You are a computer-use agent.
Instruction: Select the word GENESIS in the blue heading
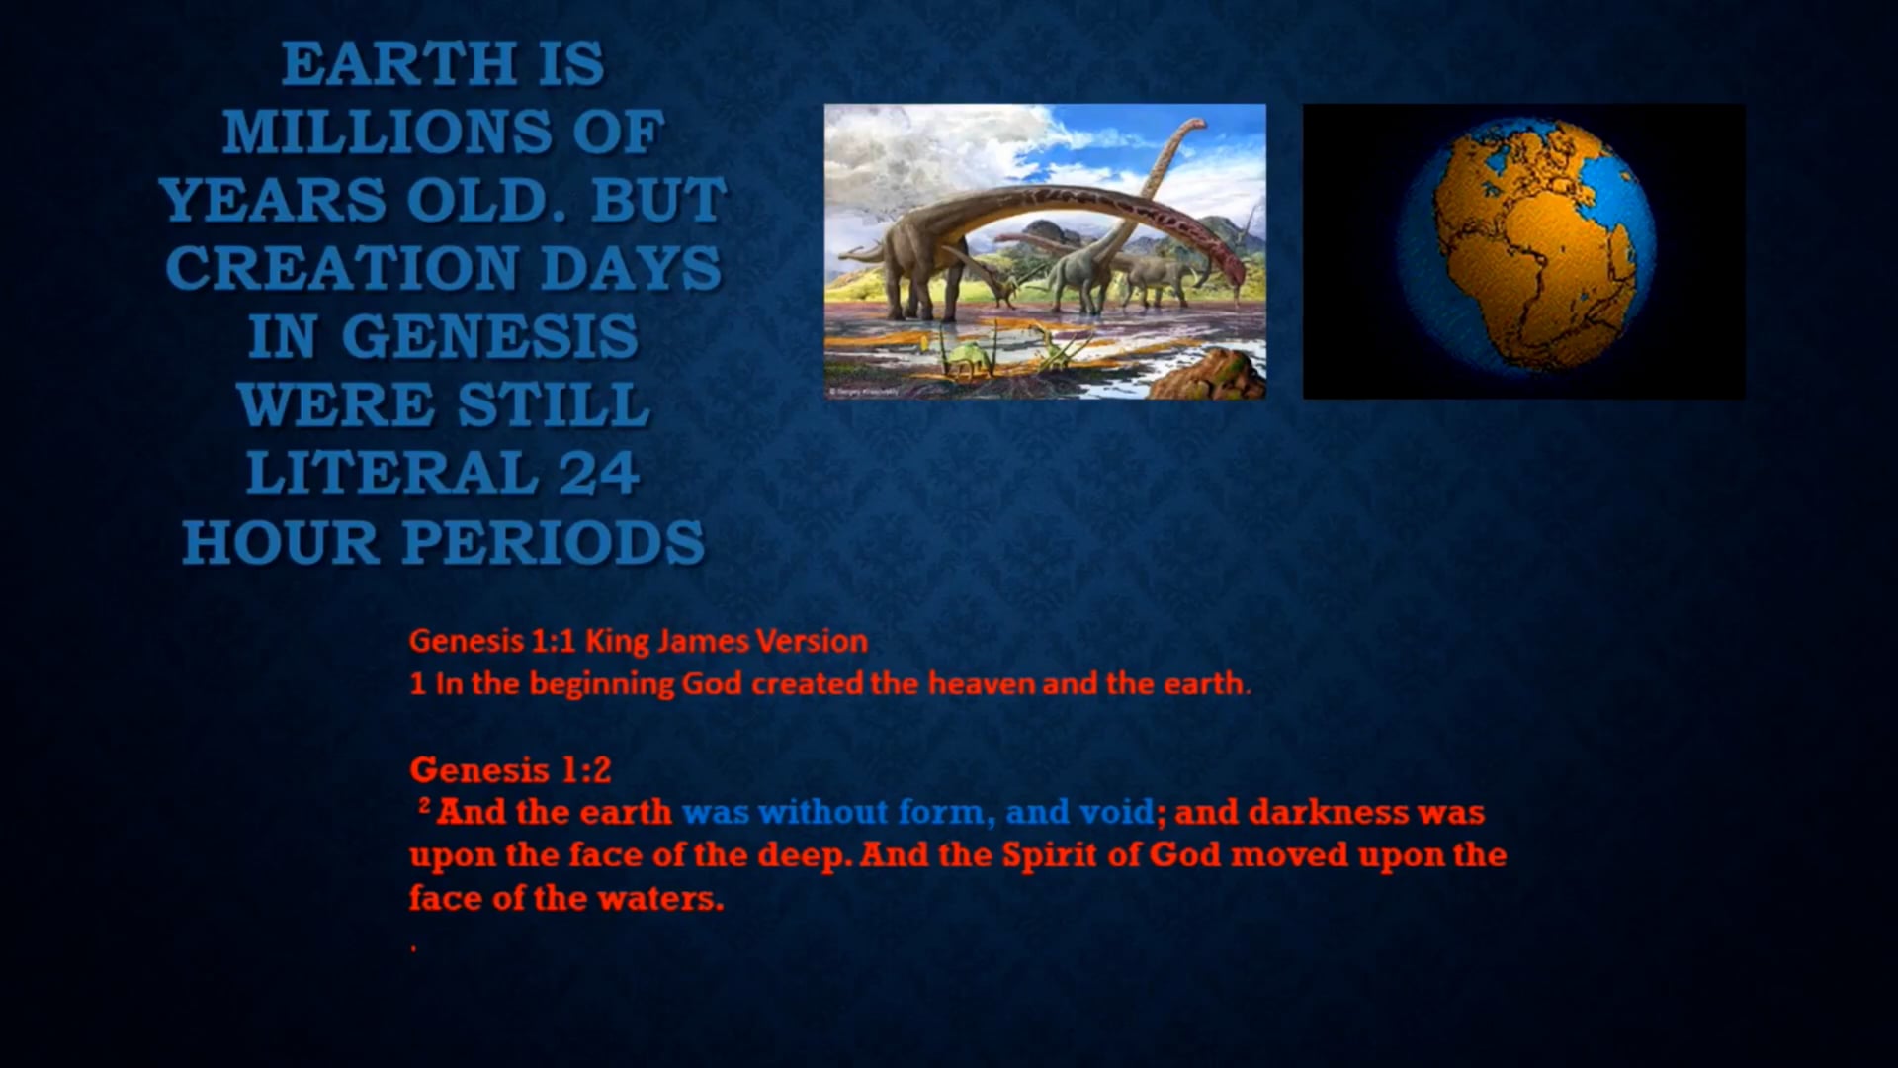489,336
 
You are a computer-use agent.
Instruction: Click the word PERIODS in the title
554,542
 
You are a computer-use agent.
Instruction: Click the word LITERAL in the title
388,473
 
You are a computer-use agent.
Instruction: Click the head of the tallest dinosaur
1194,125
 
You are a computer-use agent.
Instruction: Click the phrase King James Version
726,641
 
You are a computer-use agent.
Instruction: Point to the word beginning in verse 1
602,684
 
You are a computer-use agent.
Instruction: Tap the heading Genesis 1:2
510,769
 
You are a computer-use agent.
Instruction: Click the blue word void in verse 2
1116,812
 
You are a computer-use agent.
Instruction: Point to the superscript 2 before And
424,806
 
